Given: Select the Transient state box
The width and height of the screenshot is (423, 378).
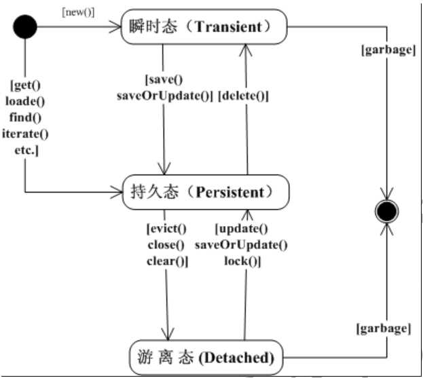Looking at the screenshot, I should point(204,27).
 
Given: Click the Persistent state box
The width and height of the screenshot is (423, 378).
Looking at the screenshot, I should point(206,192).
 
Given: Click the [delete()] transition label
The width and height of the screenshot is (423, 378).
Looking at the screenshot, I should point(243,96).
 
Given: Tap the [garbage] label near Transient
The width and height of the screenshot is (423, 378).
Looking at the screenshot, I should point(388,50).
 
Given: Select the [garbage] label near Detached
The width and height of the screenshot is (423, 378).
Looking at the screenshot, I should point(383,329).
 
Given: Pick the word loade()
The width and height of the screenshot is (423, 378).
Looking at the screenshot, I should point(25,101).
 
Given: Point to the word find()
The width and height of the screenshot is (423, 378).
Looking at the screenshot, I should point(25,117).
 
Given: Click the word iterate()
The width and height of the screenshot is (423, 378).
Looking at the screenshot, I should point(25,133).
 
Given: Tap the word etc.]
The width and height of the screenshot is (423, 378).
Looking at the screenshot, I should point(25,149).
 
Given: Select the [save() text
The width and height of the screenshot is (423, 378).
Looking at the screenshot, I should point(164,79).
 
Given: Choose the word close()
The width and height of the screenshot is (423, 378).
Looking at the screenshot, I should point(166,244).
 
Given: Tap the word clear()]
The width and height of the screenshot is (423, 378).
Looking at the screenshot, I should point(166,261).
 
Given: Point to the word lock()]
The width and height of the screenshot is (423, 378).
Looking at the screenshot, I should point(242,261).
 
